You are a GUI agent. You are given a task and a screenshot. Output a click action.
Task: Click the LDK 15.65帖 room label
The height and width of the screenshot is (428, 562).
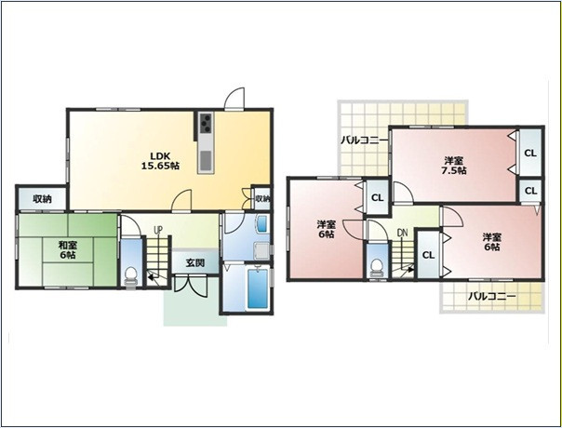pos(160,161)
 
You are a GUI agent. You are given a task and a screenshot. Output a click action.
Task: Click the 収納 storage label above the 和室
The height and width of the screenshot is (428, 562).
pos(42,198)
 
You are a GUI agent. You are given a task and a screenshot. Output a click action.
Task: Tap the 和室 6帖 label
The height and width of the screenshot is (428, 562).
pos(68,250)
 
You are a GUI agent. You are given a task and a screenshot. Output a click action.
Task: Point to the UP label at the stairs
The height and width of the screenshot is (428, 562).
pos(157,230)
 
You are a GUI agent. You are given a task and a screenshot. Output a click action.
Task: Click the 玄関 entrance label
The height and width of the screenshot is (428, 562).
pos(195,262)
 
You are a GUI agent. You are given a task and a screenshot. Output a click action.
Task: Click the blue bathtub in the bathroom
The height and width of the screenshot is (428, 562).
pos(258,289)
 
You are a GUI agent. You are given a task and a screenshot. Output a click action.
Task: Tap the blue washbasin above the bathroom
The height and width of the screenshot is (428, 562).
pos(262,223)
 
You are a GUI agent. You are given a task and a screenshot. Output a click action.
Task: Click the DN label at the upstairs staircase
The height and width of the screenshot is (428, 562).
pos(403,233)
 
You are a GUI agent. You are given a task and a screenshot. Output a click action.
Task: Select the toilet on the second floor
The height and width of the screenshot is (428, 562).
pos(376,268)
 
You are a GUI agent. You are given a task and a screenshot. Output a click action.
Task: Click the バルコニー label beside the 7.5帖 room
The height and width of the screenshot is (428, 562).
pos(364,140)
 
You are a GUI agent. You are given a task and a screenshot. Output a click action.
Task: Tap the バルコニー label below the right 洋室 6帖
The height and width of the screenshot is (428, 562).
pos(492,297)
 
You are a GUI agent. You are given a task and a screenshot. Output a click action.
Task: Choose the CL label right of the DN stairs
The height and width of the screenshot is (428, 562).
pos(428,255)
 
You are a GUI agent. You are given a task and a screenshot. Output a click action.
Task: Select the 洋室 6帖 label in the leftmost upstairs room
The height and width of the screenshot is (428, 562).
pos(327,230)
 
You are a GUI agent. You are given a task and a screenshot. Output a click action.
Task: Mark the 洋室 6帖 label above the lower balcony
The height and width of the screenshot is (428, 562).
pos(491,242)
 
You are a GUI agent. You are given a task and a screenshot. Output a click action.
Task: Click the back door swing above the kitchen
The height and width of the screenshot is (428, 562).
pos(234,98)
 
